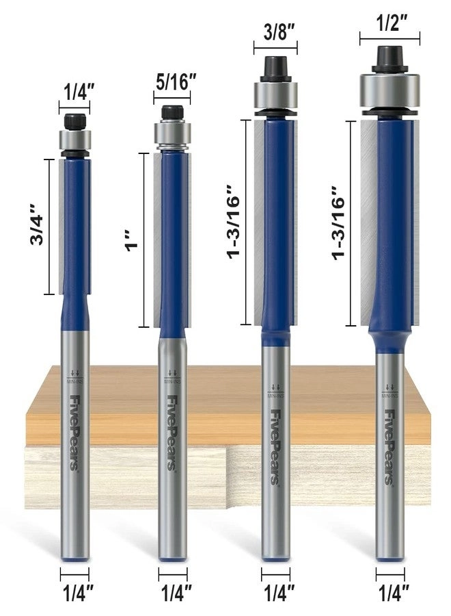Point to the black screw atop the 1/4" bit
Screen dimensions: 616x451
74,120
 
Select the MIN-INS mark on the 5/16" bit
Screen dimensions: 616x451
172,374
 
